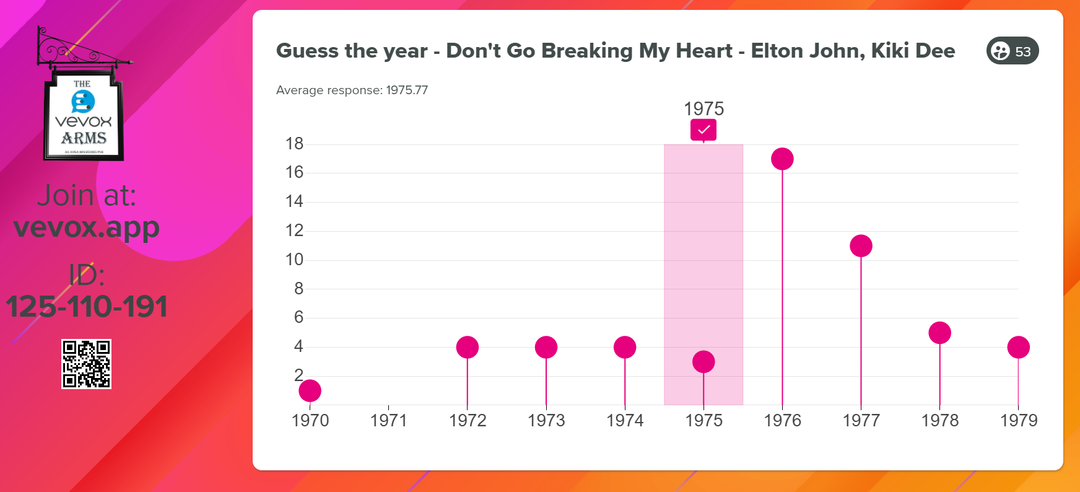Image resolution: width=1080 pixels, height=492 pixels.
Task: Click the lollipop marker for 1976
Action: [782, 159]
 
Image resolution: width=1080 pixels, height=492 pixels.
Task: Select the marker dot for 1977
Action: [861, 246]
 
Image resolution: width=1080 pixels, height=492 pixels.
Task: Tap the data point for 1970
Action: [310, 391]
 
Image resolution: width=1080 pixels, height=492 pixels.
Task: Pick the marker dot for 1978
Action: [939, 333]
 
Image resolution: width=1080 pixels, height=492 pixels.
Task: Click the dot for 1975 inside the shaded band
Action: [703, 362]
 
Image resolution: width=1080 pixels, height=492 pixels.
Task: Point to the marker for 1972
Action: [468, 348]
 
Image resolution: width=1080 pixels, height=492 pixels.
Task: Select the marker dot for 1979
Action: [1018, 348]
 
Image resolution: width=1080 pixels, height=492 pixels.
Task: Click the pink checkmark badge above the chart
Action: [703, 130]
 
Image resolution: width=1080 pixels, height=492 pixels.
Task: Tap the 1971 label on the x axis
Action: [388, 421]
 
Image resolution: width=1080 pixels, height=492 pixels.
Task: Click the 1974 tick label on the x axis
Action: [625, 421]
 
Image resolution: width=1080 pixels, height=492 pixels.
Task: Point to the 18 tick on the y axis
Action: [294, 144]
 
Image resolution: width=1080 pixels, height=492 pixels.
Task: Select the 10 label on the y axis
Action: [294, 260]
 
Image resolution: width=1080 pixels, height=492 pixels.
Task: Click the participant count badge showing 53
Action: [1012, 51]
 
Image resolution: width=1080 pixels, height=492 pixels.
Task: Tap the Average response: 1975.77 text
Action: [352, 90]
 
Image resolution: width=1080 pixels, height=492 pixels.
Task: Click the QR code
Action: [86, 364]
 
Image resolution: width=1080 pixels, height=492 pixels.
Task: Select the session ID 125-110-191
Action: [87, 307]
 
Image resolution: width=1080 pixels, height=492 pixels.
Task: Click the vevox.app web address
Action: [87, 227]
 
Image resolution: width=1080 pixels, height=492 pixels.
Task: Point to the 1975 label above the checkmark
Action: [703, 109]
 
